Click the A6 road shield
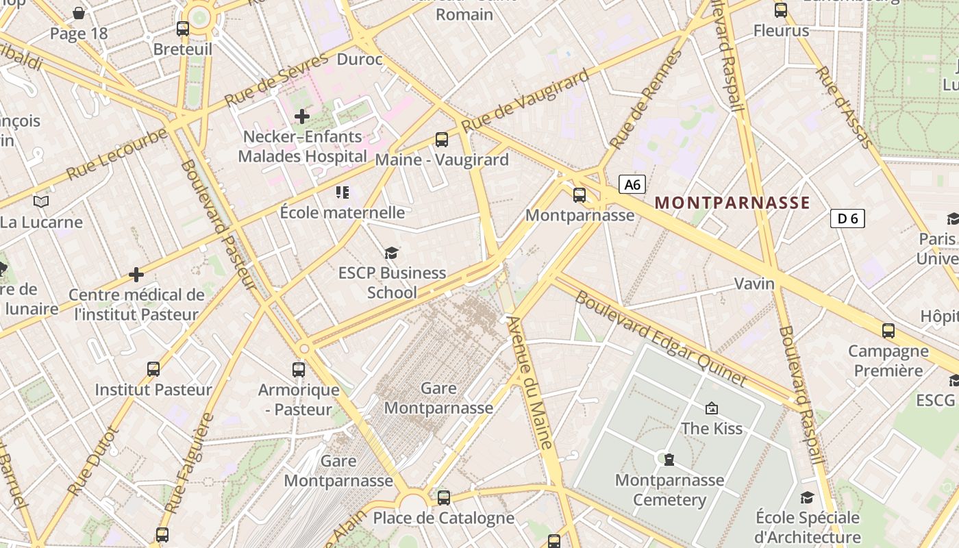(632, 184)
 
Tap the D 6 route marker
(847, 219)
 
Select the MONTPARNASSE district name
(732, 203)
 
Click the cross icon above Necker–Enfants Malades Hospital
(302, 116)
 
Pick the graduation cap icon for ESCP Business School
(391, 253)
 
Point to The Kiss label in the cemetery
(712, 428)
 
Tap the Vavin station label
(754, 284)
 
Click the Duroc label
(360, 60)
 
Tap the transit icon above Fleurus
(781, 10)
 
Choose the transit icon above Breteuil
(183, 29)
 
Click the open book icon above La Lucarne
(41, 201)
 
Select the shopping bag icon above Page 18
(79, 13)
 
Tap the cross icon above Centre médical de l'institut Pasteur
(136, 275)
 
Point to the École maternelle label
(342, 212)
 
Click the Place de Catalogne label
(443, 518)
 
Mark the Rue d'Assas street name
(844, 107)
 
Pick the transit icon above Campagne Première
(888, 331)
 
